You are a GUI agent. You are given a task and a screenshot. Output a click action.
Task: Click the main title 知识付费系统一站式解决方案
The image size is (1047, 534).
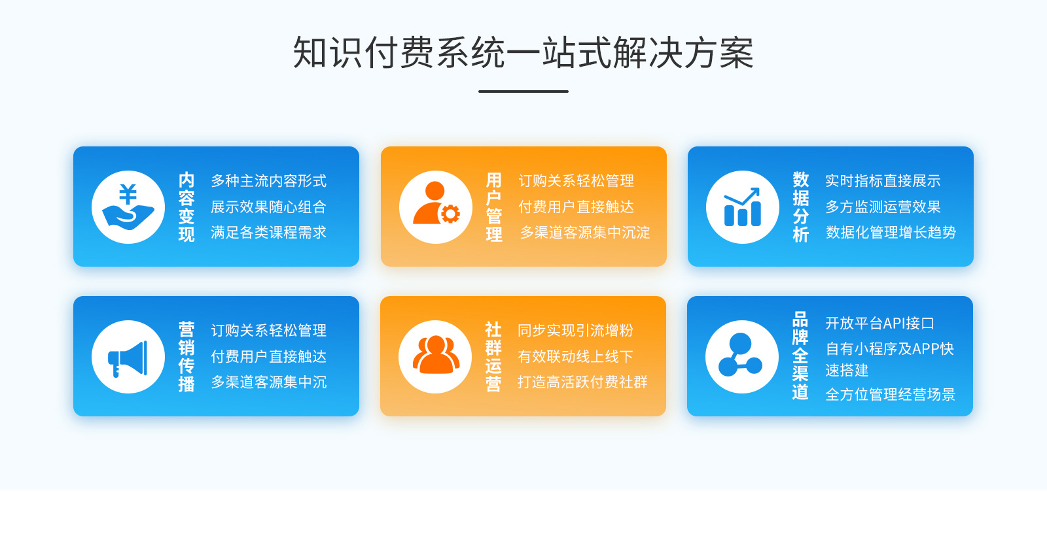pos(523,53)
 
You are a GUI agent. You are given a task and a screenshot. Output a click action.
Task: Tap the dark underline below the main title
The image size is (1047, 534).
pos(523,92)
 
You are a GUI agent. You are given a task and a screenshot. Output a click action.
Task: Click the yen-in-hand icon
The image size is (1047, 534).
pos(128,207)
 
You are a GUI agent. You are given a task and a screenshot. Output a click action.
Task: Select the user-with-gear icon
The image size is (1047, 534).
pos(436,203)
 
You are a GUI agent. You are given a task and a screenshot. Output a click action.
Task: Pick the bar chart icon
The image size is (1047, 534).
pos(742,207)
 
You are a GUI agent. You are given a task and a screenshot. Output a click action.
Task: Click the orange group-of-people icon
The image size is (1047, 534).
pos(436,355)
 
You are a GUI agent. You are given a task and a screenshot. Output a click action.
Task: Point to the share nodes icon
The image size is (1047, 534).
pos(740,355)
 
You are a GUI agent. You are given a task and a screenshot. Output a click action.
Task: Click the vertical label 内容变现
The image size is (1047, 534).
pos(186,207)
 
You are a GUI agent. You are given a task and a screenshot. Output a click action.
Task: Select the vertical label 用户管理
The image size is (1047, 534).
pos(494,207)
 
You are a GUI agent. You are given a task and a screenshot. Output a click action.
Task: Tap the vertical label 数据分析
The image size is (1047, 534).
pos(801,207)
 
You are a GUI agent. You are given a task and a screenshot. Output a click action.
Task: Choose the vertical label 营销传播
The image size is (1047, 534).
pos(186,357)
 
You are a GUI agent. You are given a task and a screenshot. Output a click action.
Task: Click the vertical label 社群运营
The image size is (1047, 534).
pos(493,357)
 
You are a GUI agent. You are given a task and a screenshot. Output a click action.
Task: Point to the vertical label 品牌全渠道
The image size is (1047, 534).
pos(800,356)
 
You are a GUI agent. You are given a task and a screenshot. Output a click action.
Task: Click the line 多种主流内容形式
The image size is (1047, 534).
pos(268,180)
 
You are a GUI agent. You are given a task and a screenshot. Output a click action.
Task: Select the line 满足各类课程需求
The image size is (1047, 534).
pos(268,233)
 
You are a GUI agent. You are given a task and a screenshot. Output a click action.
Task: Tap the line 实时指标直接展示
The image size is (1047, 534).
pos(883,180)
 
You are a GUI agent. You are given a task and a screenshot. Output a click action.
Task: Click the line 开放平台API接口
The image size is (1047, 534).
pos(879,323)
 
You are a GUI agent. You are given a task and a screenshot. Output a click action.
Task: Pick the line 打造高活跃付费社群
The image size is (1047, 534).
pos(582,382)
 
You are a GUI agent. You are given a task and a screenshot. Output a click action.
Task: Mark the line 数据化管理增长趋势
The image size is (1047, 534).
pos(891,233)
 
